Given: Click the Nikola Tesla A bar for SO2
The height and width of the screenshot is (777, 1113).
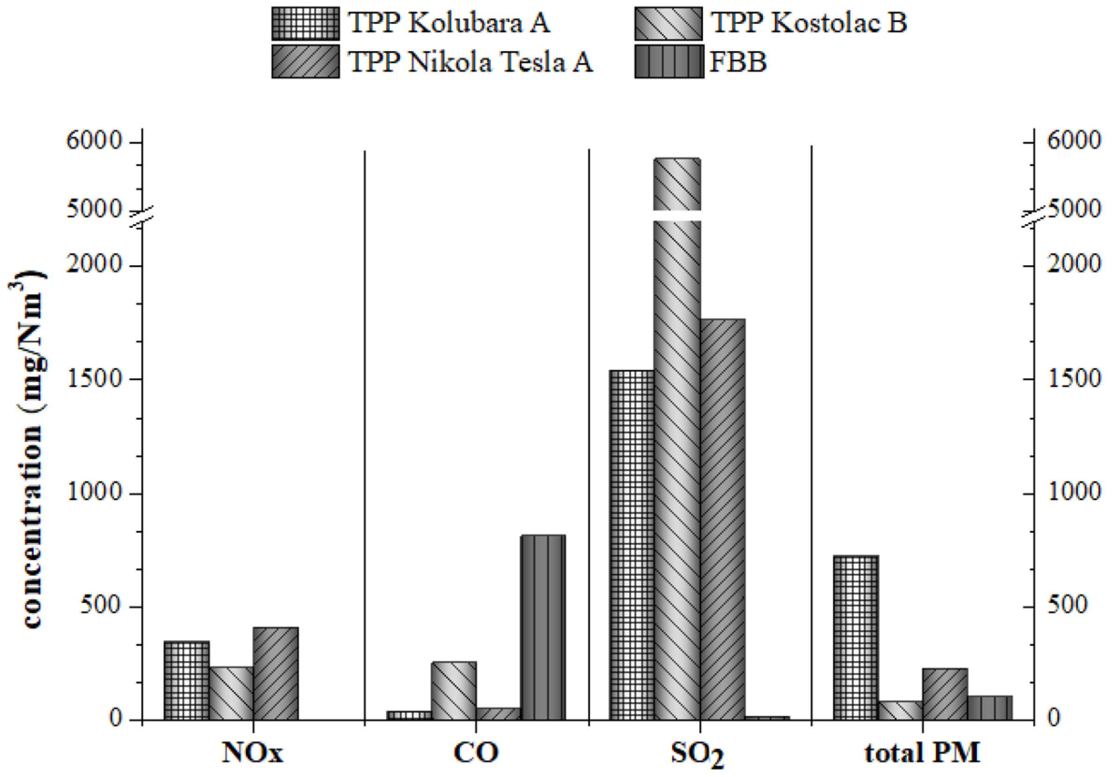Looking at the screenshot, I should pyautogui.click(x=722, y=519).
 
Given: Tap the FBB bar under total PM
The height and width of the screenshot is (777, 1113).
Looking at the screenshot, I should pyautogui.click(x=990, y=708).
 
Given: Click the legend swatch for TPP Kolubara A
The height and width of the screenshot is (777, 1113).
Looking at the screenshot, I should pyautogui.click(x=305, y=24).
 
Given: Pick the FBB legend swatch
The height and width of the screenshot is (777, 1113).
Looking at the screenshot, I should pyautogui.click(x=669, y=62).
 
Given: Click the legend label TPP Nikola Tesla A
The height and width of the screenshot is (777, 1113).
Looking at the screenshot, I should pyautogui.click(x=470, y=62).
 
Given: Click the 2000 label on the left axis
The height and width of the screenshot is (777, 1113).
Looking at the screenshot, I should pyautogui.click(x=94, y=265).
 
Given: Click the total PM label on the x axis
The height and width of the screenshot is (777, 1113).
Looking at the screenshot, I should pyautogui.click(x=922, y=753).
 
